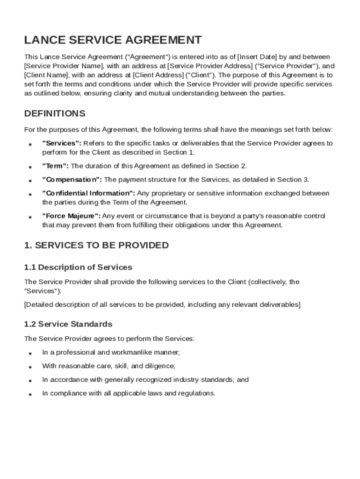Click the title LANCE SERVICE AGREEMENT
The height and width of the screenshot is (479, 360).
pyautogui.click(x=113, y=40)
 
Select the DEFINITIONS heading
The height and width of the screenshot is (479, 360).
pyautogui.click(x=54, y=114)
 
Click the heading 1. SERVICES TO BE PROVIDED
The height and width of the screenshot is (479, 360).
pyautogui.click(x=96, y=246)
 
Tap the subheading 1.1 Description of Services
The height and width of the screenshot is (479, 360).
pyautogui.click(x=78, y=268)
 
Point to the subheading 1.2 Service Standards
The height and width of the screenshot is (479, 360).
pyautogui.click(x=68, y=324)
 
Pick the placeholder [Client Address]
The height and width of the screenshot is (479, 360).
pyautogui.click(x=158, y=75)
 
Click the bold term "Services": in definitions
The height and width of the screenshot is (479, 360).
pyautogui.click(x=62, y=143)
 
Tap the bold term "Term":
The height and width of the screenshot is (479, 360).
pyautogui.click(x=55, y=166)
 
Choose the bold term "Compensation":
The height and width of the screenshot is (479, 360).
pyautogui.click(x=72, y=180)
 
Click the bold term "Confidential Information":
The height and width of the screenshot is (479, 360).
pyautogui.click(x=89, y=193)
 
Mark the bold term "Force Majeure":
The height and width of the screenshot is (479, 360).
pyautogui.click(x=71, y=216)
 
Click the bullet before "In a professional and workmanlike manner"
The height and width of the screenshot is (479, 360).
pyautogui.click(x=29, y=353)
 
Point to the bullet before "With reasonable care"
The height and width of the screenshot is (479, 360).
pyautogui.click(x=29, y=367)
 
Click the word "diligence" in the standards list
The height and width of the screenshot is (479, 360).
pyautogui.click(x=160, y=366)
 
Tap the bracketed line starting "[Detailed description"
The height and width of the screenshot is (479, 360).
pyautogui.click(x=162, y=305)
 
